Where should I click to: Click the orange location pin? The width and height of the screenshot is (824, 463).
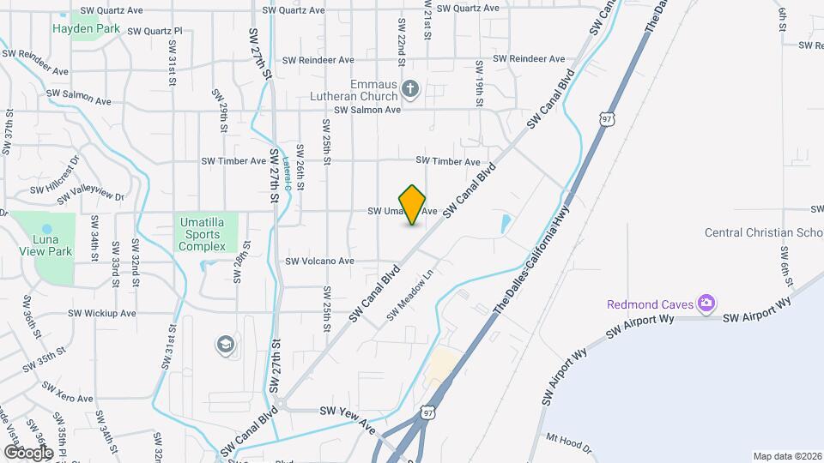pyautogui.click(x=413, y=205)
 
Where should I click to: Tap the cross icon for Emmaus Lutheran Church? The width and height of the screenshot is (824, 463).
pyautogui.click(x=410, y=87)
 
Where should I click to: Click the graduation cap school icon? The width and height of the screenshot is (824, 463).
pyautogui.click(x=227, y=344)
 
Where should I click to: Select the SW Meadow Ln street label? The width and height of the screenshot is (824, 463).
pyautogui.click(x=412, y=297)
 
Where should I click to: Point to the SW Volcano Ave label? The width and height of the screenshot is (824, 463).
pyautogui.click(x=319, y=262)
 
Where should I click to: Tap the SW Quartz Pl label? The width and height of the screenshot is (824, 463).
pyautogui.click(x=154, y=31)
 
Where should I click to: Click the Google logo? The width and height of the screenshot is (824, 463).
pyautogui.click(x=27, y=452)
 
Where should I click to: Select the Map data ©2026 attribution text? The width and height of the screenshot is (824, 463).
pyautogui.click(x=786, y=456)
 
